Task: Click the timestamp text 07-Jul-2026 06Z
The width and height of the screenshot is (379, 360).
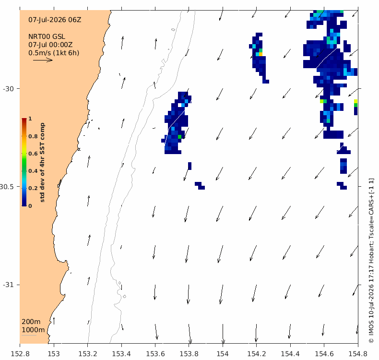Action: click(55, 20)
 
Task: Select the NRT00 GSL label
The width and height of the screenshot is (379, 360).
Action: click(47, 36)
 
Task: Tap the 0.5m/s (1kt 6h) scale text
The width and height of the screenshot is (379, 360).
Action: click(54, 53)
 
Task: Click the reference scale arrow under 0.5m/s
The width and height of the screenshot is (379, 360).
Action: click(43, 60)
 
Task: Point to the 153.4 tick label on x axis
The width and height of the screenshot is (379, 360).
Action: click(121, 354)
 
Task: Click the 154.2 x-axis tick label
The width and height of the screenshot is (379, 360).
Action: click(257, 354)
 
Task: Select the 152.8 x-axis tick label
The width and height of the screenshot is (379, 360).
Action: click(20, 354)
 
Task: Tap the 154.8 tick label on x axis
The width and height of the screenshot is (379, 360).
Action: click(358, 354)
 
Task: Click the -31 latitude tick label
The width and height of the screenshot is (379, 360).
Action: click(8, 285)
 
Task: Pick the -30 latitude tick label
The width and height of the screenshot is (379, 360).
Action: click(8, 89)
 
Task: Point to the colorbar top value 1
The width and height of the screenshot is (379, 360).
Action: click(30, 119)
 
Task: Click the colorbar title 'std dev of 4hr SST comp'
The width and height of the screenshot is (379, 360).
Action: click(42, 162)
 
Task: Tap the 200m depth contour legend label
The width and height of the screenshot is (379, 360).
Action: click(31, 322)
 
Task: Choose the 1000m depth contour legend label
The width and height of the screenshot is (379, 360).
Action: click(33, 330)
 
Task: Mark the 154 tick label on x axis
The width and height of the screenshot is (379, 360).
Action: click(223, 354)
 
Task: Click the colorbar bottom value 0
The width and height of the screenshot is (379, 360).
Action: click(30, 206)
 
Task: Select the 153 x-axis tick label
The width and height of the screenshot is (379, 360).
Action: click(54, 354)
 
